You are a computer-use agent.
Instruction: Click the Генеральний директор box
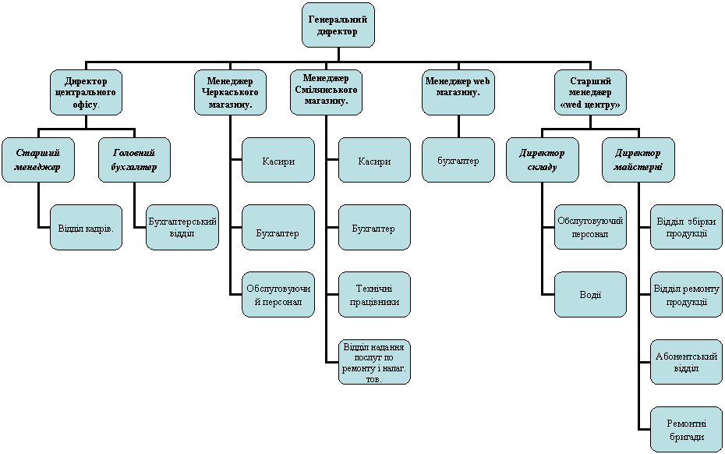[x=338, y=25]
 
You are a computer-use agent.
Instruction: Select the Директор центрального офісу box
[x=86, y=92]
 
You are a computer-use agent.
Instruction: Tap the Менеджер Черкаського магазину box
[x=230, y=92]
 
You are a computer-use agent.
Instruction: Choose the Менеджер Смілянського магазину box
[x=326, y=92]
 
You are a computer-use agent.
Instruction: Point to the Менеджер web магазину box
[x=458, y=92]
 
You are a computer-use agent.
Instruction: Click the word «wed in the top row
[x=576, y=105]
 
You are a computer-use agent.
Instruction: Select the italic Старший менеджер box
[x=38, y=160]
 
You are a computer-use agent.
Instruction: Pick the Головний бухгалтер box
[x=134, y=160]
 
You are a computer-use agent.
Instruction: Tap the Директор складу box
[x=542, y=160]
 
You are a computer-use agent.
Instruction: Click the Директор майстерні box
[x=638, y=160]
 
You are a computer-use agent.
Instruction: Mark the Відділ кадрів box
[x=86, y=228]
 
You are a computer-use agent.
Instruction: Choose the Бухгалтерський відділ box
[x=182, y=228]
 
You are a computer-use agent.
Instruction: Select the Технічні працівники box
[x=374, y=294]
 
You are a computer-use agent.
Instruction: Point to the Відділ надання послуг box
[x=374, y=361]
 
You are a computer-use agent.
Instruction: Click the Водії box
[x=590, y=294]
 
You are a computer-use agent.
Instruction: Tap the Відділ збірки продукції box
[x=686, y=228]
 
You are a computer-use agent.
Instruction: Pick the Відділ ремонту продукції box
[x=686, y=294]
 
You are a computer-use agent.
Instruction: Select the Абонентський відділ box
[x=686, y=361]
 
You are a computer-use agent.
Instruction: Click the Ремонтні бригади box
[x=686, y=428]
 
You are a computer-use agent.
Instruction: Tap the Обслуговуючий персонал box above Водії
[x=590, y=228]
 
